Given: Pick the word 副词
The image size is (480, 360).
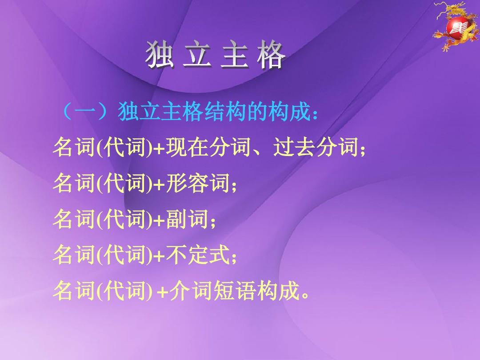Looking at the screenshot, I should (x=186, y=219).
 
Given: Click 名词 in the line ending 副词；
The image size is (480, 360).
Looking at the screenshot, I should (x=71, y=219).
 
